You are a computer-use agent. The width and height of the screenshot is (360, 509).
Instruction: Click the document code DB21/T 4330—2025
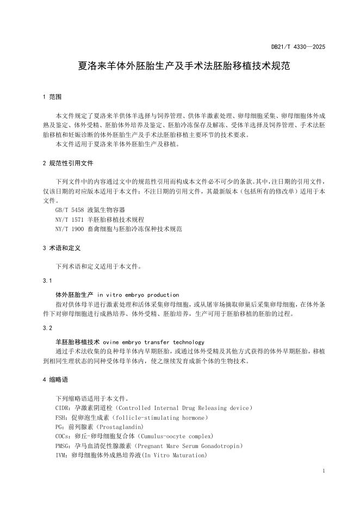click(x=299, y=47)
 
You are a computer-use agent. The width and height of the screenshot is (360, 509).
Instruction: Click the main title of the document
click(x=180, y=67)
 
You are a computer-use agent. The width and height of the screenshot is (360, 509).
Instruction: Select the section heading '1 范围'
click(x=52, y=97)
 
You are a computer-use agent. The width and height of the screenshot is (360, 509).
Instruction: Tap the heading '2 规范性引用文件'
click(x=67, y=163)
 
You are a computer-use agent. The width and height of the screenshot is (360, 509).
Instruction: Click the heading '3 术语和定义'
click(x=61, y=248)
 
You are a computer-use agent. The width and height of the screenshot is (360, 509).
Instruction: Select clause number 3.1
click(x=47, y=281)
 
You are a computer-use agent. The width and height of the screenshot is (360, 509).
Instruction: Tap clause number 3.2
click(x=47, y=328)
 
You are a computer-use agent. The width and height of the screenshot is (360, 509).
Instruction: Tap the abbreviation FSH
click(x=61, y=417)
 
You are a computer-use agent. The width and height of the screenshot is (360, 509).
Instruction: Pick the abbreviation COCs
click(x=63, y=436)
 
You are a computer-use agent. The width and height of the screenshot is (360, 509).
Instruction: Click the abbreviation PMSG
click(x=63, y=446)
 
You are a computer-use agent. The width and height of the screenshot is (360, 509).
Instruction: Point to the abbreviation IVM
click(x=61, y=455)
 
